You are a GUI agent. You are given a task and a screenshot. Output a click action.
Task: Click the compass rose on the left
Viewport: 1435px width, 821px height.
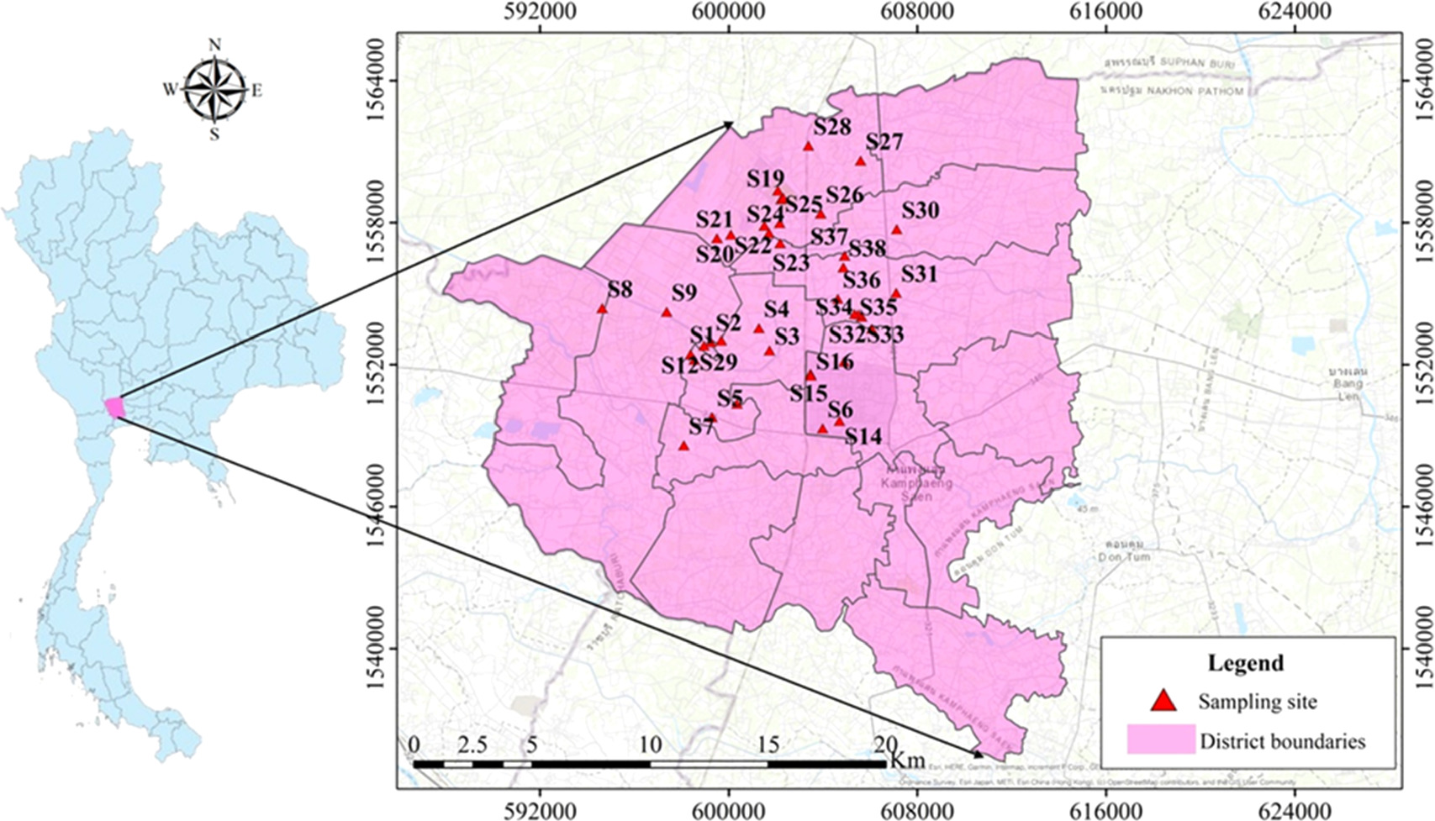215,88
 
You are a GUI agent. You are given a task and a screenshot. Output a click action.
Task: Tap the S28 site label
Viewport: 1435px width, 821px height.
832,127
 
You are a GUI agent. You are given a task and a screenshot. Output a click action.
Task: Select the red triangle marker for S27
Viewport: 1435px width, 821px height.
860,161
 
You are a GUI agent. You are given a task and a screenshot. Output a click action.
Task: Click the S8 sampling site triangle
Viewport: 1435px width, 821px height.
602,308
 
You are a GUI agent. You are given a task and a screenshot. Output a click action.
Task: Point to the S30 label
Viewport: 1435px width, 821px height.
920,210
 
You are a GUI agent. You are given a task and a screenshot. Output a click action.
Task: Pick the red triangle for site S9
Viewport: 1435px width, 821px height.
666,312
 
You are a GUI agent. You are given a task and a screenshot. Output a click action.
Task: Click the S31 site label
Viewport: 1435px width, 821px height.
918,274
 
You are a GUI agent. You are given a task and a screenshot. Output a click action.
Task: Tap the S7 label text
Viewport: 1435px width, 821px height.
701,427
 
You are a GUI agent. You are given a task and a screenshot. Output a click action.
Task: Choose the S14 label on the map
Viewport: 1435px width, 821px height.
863,436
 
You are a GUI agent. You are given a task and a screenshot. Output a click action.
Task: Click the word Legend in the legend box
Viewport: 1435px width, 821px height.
1245,663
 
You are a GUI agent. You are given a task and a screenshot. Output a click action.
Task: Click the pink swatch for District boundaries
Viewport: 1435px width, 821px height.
1160,739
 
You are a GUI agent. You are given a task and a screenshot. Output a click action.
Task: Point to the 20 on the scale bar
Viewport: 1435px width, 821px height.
885,745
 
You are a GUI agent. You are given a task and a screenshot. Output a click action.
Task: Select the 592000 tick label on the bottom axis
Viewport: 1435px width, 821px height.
540,811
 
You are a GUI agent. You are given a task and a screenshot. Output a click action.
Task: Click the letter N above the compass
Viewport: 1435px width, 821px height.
215,45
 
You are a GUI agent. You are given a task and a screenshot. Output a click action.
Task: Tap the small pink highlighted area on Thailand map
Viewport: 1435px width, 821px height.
115,407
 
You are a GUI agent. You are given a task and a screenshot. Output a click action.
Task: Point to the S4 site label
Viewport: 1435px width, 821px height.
776,309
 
